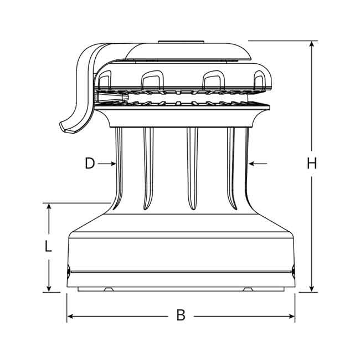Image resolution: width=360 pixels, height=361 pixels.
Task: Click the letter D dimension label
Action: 90,164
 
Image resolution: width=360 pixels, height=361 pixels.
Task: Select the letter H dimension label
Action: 312,164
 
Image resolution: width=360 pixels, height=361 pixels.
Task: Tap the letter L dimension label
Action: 49,246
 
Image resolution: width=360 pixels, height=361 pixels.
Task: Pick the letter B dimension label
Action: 181,316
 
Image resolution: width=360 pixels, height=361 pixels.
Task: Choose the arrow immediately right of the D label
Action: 109,164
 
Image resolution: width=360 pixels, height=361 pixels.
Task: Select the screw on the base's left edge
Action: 68,271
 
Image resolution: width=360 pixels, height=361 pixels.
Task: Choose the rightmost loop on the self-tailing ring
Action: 259,80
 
